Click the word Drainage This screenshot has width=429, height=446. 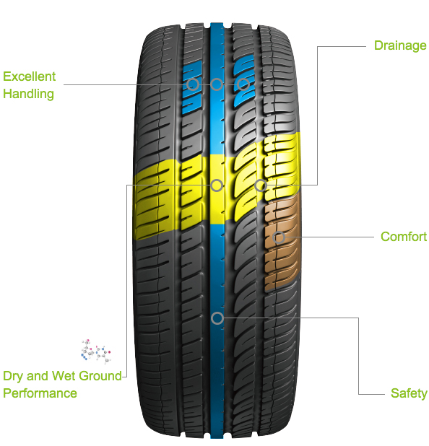(x=400, y=45)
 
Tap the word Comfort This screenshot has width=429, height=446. (x=404, y=237)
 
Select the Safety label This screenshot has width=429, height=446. (x=409, y=393)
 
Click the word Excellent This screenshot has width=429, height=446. (x=30, y=76)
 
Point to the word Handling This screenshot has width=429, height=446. (x=28, y=94)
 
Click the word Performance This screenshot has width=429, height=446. (x=40, y=393)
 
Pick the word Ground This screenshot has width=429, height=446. (x=100, y=376)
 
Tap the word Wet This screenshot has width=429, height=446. (x=64, y=376)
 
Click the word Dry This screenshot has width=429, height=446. (x=14, y=376)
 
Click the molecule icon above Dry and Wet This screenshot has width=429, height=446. (x=95, y=351)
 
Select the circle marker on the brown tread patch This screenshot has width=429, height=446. (x=279, y=237)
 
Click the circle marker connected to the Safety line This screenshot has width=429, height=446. (x=217, y=318)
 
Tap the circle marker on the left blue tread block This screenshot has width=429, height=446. (x=193, y=84)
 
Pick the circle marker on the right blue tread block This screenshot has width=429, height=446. (x=243, y=84)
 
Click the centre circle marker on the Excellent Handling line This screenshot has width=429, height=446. (x=217, y=84)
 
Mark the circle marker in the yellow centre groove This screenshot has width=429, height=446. (x=217, y=185)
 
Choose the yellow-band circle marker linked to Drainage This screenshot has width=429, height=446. (x=261, y=185)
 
